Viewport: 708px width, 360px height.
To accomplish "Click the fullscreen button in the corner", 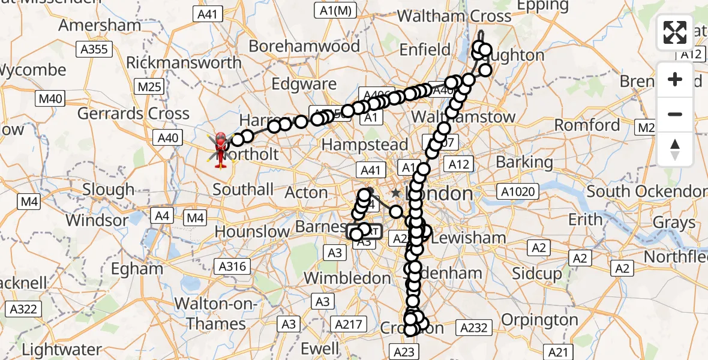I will click(x=675, y=32).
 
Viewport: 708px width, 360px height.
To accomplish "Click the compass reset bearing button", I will click(x=675, y=148).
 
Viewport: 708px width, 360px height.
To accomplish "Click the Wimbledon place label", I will click(x=347, y=278).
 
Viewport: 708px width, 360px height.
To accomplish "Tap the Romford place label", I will click(x=587, y=125).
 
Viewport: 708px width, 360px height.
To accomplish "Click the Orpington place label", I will click(x=539, y=319).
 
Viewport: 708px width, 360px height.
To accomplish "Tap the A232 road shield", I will click(x=475, y=327).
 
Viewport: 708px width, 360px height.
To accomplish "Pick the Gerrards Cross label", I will click(x=133, y=113).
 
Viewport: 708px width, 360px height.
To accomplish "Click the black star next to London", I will click(x=395, y=193).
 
